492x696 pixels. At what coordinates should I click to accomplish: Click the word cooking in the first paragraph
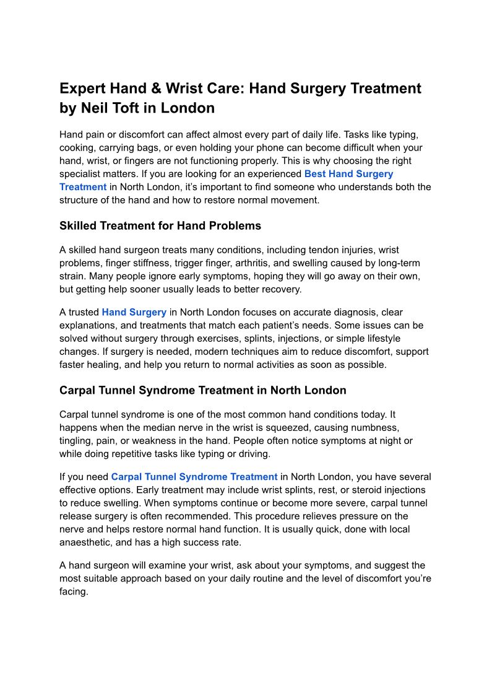(x=77, y=148)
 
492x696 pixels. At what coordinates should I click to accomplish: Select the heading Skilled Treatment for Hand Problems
(x=160, y=226)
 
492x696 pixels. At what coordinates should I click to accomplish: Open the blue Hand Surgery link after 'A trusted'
(x=134, y=313)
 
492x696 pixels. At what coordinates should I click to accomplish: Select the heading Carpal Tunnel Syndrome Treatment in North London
(x=202, y=391)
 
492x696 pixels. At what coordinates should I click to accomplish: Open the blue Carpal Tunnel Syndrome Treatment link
(x=194, y=477)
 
